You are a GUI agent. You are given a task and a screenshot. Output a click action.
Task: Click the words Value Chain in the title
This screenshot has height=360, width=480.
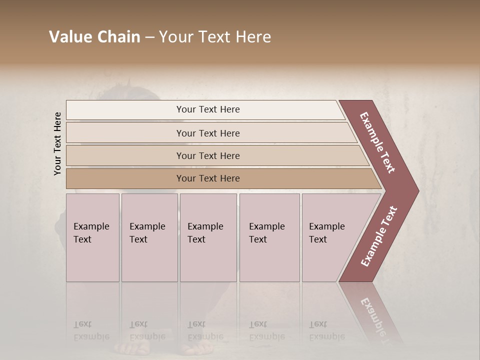(94, 37)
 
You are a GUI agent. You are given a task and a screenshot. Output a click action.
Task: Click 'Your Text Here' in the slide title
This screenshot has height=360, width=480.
(215, 37)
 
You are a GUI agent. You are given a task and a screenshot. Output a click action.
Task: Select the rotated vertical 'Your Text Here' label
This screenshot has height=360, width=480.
(58, 143)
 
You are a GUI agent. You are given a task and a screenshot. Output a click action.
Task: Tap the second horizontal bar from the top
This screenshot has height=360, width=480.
(208, 133)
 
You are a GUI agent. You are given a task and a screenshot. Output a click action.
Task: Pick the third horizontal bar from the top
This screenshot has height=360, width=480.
(208, 156)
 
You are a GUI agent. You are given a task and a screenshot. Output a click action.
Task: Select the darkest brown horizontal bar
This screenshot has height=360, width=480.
(208, 178)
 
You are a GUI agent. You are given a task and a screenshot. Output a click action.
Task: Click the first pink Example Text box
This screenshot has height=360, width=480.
(92, 237)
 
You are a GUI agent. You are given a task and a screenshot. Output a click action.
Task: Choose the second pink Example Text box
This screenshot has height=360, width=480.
(149, 237)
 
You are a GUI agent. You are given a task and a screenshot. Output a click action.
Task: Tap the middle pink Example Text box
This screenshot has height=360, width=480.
(208, 237)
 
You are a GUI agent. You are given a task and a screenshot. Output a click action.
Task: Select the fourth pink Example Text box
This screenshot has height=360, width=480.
(269, 237)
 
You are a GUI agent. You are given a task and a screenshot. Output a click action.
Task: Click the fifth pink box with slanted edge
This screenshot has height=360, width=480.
(330, 237)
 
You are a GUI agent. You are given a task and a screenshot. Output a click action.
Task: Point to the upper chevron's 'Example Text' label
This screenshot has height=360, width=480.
(378, 142)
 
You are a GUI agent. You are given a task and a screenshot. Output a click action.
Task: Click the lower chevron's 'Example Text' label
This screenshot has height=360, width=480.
(378, 236)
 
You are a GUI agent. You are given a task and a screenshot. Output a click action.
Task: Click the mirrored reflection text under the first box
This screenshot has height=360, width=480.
(91, 330)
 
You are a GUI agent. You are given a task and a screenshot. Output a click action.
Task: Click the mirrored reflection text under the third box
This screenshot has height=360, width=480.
(205, 330)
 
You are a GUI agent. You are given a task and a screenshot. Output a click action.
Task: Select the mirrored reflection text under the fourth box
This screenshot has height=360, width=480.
(267, 330)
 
